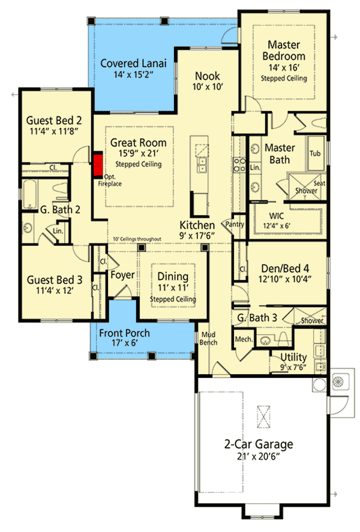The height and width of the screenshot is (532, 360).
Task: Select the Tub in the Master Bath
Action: click(315, 154)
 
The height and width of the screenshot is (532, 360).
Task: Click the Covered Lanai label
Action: click(133, 64)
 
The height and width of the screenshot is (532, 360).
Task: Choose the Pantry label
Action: click(233, 224)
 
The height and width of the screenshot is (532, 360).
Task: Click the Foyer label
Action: click(122, 275)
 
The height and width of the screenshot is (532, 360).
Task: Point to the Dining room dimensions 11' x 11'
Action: click(173, 288)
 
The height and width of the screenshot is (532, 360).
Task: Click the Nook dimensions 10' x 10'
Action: click(208, 87)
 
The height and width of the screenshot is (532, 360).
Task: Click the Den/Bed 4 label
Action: click(286, 268)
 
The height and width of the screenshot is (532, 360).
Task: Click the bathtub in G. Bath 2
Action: click(31, 191)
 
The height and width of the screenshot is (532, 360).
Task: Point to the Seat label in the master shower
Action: click(319, 184)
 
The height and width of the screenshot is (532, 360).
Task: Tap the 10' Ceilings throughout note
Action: click(138, 239)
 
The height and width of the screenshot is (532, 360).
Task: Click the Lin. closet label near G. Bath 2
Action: click(58, 230)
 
